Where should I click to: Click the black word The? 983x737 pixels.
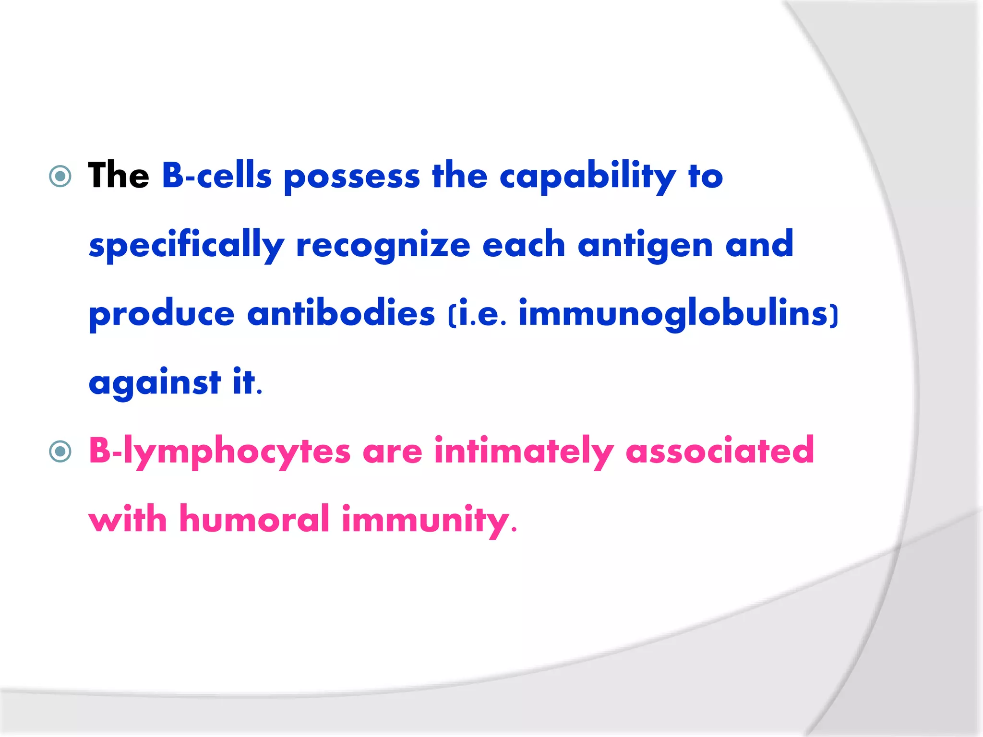[x=118, y=176]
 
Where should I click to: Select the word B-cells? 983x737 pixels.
[x=216, y=176]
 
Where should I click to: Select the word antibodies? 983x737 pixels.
[x=341, y=314]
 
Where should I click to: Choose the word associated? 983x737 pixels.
[x=719, y=451]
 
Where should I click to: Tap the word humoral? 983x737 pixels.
[x=254, y=520]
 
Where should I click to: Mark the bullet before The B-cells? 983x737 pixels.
[x=60, y=177]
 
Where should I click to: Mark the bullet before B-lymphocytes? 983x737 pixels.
[x=60, y=452]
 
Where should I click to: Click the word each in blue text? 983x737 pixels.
[x=523, y=245]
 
